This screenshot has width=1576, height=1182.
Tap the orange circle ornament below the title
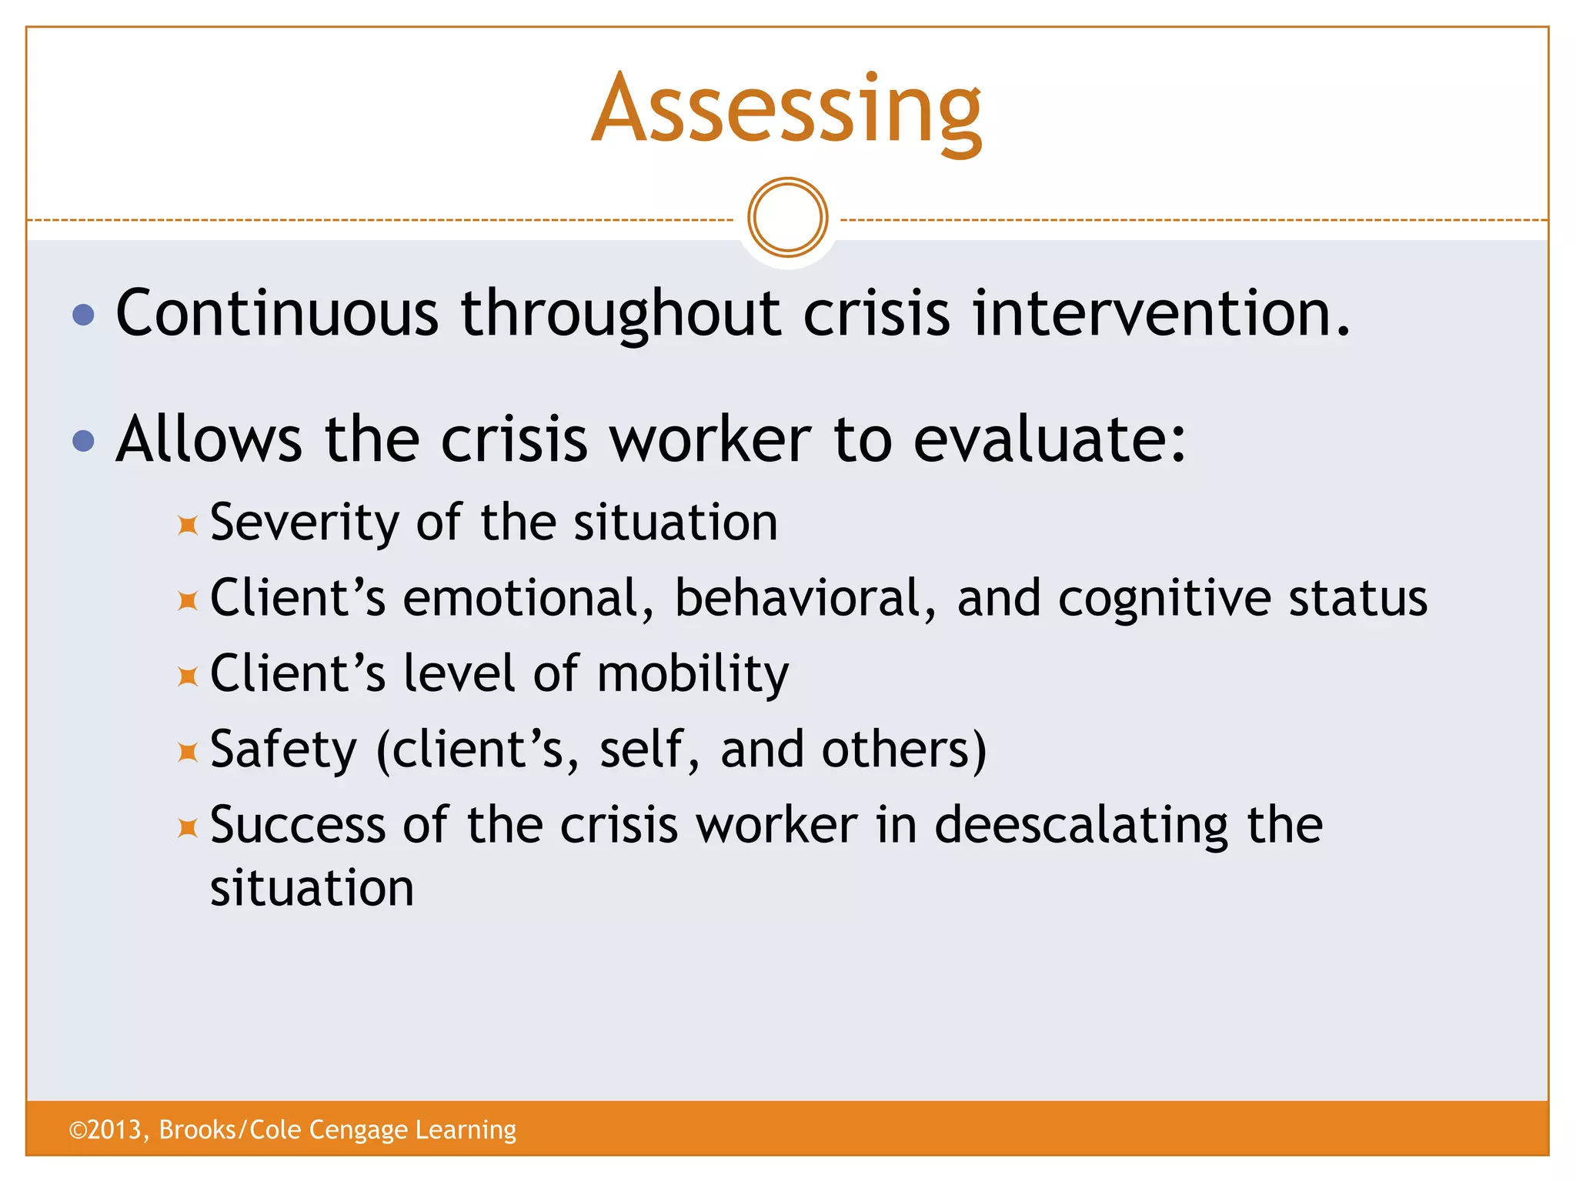(787, 217)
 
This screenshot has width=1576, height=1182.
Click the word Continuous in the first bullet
(277, 313)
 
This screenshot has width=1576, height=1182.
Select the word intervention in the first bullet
(1160, 313)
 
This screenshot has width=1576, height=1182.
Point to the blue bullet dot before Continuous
(83, 315)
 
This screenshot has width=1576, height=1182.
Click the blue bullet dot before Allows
(83, 441)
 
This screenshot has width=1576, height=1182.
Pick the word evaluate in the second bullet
(1049, 439)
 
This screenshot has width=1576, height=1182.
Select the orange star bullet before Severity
(188, 526)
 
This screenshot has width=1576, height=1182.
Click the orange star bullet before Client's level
(188, 677)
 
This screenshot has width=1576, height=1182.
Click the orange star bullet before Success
(188, 828)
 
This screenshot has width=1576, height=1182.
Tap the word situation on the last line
(312, 887)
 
